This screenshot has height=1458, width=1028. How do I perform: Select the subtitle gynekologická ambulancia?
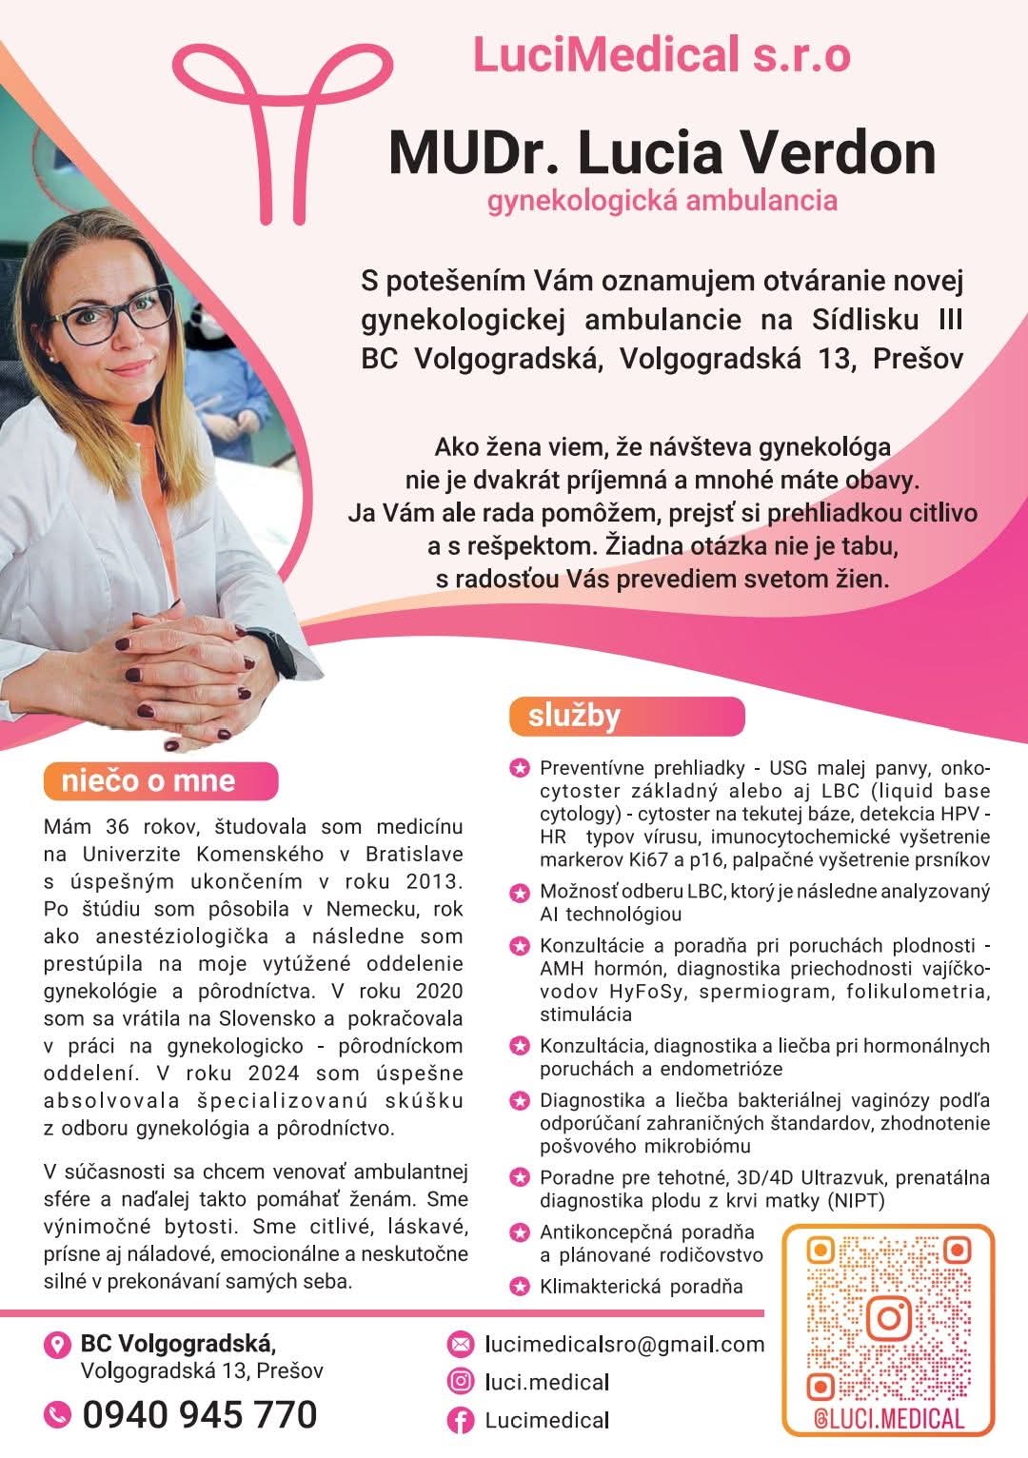[x=662, y=201]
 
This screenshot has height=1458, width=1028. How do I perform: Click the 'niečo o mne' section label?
[x=148, y=781]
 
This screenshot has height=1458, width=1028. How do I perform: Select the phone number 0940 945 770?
[x=199, y=1415]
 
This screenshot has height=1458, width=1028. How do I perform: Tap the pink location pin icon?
[x=57, y=1345]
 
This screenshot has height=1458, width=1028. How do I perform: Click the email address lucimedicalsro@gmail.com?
[x=624, y=1344]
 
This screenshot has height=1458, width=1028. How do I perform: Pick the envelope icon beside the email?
[x=461, y=1344]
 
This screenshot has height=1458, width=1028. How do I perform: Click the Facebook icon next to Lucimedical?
[x=461, y=1421]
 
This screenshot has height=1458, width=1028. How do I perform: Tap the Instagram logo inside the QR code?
[x=890, y=1318]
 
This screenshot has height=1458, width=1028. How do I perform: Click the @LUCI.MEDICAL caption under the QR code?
[x=890, y=1419]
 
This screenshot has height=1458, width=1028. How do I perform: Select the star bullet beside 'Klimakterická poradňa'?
[x=520, y=1287]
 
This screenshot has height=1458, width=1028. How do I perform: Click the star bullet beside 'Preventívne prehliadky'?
[x=520, y=768]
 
